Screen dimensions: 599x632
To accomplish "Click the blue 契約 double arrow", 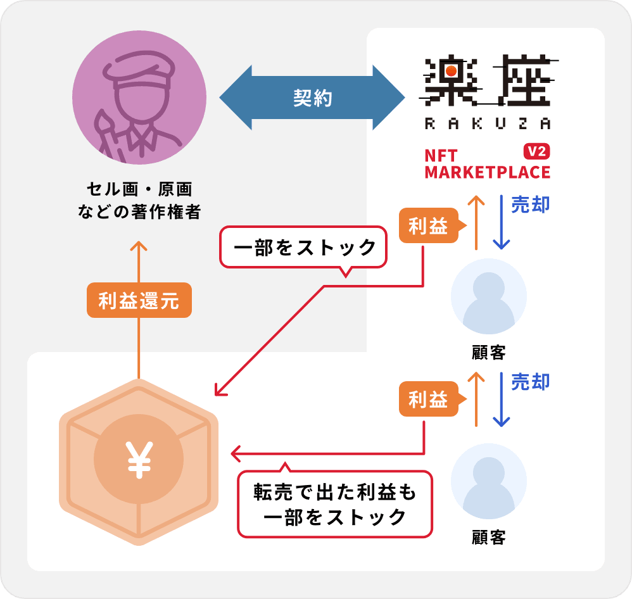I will (312, 98).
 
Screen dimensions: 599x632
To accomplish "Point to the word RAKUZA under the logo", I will (487, 124).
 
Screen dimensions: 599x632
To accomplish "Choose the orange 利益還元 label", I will (139, 300).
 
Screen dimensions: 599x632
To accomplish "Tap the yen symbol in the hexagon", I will (139, 459).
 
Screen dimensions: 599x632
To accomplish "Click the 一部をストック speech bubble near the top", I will (303, 248).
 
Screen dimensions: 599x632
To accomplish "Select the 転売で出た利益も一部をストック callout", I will (335, 504).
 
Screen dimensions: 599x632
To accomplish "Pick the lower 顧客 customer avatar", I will (488, 481).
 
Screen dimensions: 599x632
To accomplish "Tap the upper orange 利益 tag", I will (428, 226).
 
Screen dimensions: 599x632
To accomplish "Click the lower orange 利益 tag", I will (428, 400).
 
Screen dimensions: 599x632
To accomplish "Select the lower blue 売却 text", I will (530, 382).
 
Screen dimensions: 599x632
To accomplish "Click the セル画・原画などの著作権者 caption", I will (139, 200).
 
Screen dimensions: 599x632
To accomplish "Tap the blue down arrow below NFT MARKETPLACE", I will (502, 222).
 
